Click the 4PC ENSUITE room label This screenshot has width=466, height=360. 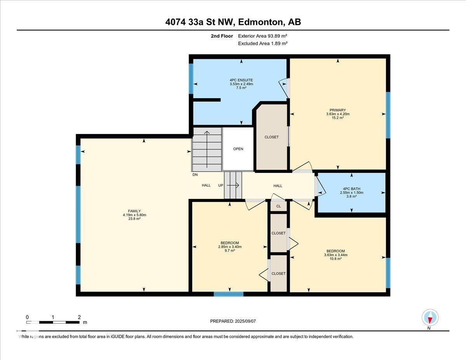point(241,80)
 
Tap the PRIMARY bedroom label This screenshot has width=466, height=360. point(338,110)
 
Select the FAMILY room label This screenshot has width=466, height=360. point(134,211)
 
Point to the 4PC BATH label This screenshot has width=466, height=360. point(351,189)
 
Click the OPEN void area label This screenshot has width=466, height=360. point(238,149)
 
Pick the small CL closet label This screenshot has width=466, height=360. point(278,206)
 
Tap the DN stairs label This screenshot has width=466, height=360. point(195,175)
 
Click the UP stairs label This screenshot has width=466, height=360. point(221,186)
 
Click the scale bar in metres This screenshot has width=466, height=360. point(53,322)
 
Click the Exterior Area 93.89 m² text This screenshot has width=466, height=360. point(263,36)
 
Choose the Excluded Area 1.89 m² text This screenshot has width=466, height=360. point(263,43)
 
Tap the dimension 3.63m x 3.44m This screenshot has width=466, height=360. point(336,255)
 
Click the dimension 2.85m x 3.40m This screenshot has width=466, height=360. point(230,247)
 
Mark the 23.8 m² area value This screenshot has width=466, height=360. point(134,219)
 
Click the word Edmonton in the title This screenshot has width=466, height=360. point(260,22)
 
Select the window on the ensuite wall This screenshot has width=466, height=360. point(191,79)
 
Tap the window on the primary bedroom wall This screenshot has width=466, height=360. point(388,115)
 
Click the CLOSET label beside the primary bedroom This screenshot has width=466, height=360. point(271,137)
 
